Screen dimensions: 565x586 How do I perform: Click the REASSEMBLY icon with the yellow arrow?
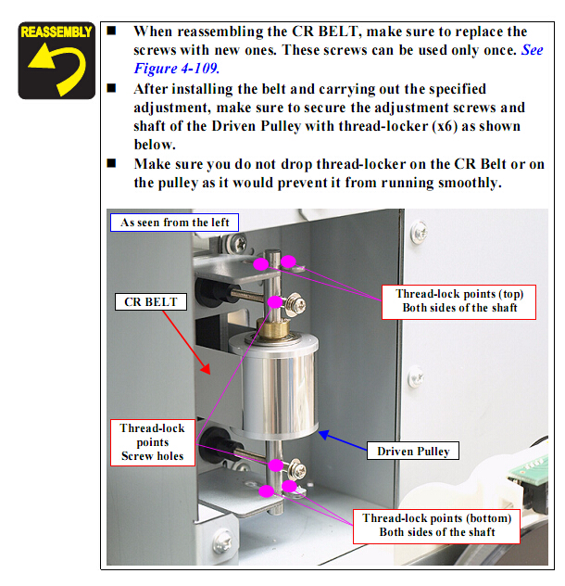click(x=56, y=60)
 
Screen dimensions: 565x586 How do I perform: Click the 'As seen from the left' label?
click(x=174, y=223)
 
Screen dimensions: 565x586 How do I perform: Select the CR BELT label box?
click(x=150, y=301)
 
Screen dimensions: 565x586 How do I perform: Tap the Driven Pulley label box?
click(x=413, y=451)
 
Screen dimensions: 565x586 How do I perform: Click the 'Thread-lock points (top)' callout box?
click(x=458, y=302)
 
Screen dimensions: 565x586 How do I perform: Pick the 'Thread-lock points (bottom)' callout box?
click(x=436, y=527)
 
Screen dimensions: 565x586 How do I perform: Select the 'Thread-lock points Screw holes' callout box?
click(x=152, y=442)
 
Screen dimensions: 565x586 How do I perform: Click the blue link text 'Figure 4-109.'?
click(x=176, y=69)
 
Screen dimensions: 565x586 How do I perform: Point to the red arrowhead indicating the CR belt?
click(x=206, y=368)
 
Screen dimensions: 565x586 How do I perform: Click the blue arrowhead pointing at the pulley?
click(x=324, y=434)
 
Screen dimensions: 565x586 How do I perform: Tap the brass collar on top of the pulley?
click(x=272, y=328)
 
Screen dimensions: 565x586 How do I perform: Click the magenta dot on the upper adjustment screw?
click(x=275, y=302)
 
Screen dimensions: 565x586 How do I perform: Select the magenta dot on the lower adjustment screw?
click(x=276, y=465)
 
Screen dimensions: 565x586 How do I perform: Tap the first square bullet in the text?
click(x=111, y=31)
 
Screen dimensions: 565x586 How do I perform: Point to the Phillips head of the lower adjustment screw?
click(x=299, y=472)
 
